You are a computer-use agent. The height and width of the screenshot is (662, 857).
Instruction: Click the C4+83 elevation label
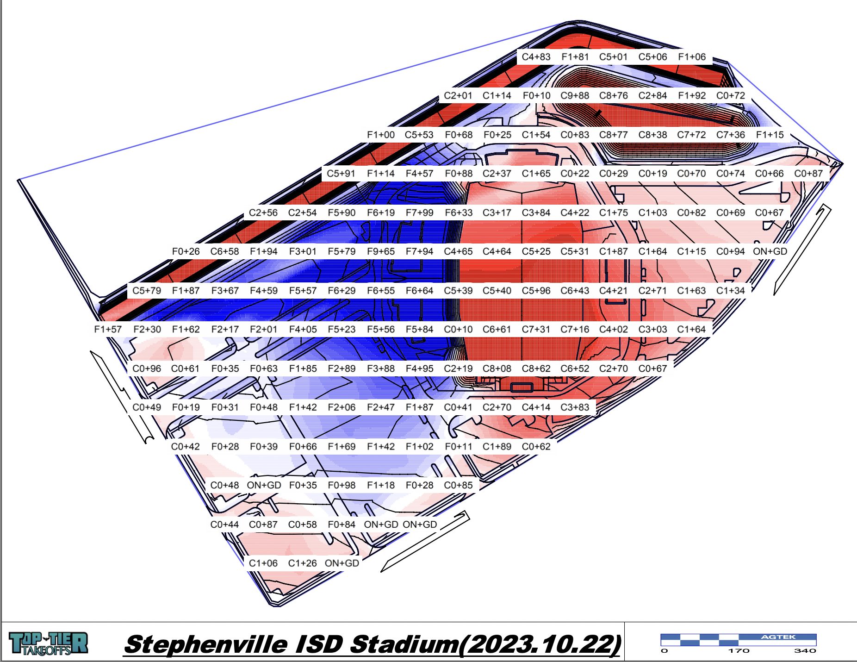pos(536,57)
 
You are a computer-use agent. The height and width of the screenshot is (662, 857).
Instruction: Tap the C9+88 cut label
pos(575,96)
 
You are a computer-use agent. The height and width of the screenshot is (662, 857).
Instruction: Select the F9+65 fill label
pos(380,251)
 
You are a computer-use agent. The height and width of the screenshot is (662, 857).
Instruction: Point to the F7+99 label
pos(419,212)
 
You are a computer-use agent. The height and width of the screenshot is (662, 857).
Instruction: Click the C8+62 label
pos(536,368)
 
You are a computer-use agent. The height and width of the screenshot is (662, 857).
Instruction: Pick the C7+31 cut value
pos(536,329)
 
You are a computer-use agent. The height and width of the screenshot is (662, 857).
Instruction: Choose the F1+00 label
pos(380,135)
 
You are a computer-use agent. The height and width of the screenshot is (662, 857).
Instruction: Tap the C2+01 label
pos(458,96)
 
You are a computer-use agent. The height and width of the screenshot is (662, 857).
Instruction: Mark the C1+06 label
pos(263,563)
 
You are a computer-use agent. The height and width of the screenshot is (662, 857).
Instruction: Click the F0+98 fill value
pos(342,485)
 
